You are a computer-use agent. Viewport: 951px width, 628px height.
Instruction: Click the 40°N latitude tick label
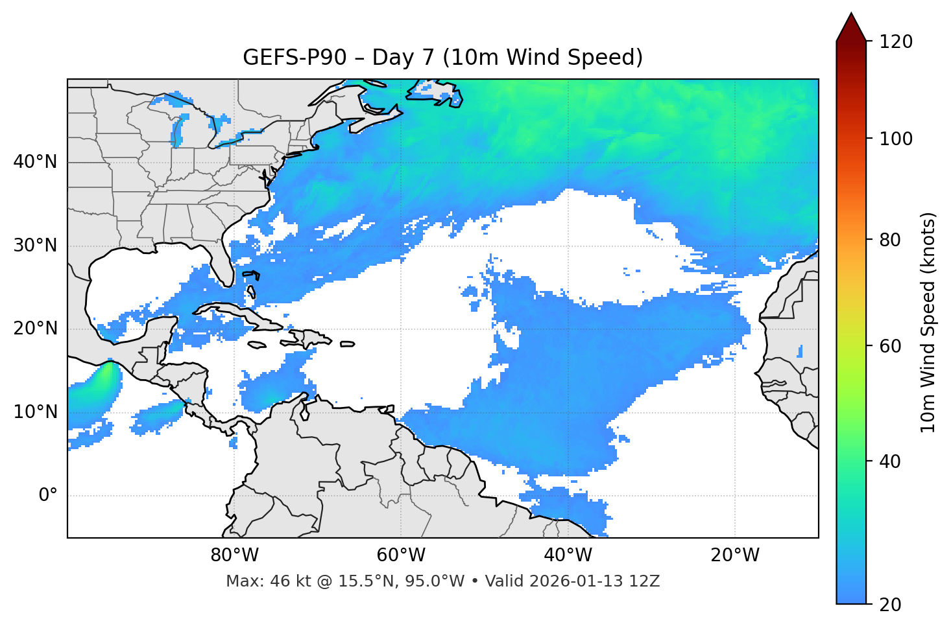[x=35, y=162]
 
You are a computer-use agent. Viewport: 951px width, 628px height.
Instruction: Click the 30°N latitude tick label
[x=35, y=246]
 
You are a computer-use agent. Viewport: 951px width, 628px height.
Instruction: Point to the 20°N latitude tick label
[x=35, y=329]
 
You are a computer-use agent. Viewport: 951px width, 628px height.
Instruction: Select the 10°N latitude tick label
[x=35, y=412]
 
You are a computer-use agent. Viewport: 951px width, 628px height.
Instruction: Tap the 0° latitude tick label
[x=48, y=496]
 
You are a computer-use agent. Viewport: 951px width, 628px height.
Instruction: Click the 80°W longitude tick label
[x=234, y=555]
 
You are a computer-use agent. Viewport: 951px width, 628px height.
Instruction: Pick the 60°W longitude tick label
[x=401, y=555]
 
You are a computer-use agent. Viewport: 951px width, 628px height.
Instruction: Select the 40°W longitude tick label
[x=568, y=555]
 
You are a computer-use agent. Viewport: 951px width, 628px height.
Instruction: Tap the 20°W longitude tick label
[x=735, y=555]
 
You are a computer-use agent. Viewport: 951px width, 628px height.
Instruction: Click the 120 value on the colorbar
[x=896, y=41]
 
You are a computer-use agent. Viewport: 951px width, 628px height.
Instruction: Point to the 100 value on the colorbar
[x=896, y=139]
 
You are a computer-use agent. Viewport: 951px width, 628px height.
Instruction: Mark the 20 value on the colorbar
[x=891, y=605]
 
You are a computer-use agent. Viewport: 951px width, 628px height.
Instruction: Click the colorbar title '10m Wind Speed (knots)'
[x=928, y=323]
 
